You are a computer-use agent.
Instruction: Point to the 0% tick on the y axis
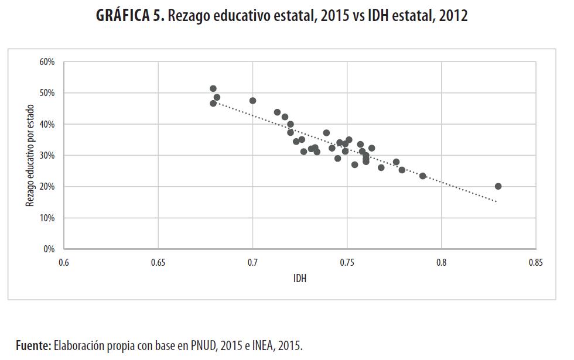pos(49,249)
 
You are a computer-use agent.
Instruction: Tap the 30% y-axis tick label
pos(47,156)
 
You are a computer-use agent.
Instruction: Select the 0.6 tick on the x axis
pos(64,263)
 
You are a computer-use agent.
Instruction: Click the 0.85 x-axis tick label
pos(535,263)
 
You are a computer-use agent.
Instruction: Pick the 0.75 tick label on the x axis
pos(347,263)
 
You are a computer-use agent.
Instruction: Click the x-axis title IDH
pos(300,279)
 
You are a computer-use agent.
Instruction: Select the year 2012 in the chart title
pos(452,16)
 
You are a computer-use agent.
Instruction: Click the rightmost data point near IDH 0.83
pos(498,186)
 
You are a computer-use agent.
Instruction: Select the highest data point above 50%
pos(213,88)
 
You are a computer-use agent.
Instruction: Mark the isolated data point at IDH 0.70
pos(252,101)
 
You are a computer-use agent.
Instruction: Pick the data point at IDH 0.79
pos(422,176)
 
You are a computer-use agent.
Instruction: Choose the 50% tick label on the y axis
pos(47,93)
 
